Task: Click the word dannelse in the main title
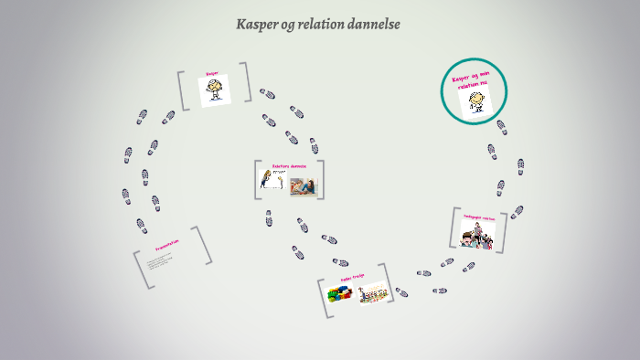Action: tap(373, 25)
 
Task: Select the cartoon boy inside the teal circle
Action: tap(475, 101)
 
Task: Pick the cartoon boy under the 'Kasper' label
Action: tap(215, 90)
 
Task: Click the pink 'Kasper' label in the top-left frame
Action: tap(212, 73)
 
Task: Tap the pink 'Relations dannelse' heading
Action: tap(288, 166)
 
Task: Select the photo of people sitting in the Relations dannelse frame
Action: tap(303, 185)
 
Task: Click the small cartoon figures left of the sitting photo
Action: tap(269, 180)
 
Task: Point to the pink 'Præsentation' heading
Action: tap(166, 246)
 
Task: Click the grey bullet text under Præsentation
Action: tap(158, 263)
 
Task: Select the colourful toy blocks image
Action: tap(341, 293)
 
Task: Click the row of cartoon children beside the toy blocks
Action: tap(373, 292)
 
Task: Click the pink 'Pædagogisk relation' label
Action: tap(477, 218)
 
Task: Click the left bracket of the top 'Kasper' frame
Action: tap(183, 90)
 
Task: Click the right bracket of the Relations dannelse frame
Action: tap(321, 179)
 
